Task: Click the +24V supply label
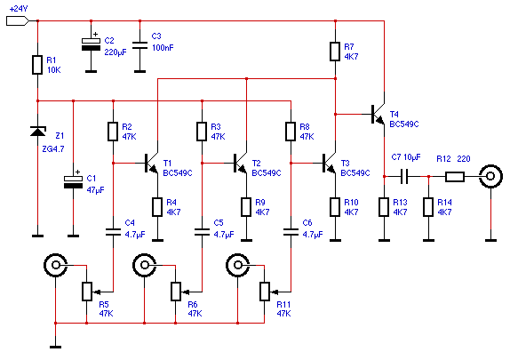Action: pyautogui.click(x=19, y=9)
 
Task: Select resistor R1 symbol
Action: pyautogui.click(x=37, y=65)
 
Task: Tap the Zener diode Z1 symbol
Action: pyautogui.click(x=37, y=132)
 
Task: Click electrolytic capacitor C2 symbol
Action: pyautogui.click(x=91, y=44)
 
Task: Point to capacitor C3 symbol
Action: pyautogui.click(x=139, y=45)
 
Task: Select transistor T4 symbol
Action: pyautogui.click(x=379, y=115)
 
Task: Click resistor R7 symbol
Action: pyautogui.click(x=335, y=52)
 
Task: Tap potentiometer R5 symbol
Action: pyautogui.click(x=91, y=292)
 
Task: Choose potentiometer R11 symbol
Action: pyautogui.click(x=268, y=292)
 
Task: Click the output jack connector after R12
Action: pyautogui.click(x=490, y=176)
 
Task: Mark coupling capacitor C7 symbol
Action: pyautogui.click(x=404, y=176)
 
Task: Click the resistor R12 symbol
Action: pyautogui.click(x=455, y=177)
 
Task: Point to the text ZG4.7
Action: pyautogui.click(x=53, y=149)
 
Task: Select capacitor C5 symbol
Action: pyautogui.click(x=202, y=232)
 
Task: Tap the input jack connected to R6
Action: pyautogui.click(x=145, y=265)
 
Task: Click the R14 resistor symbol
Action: pyautogui.click(x=428, y=207)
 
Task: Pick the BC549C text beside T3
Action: pyautogui.click(x=355, y=172)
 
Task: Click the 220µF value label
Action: pyautogui.click(x=116, y=52)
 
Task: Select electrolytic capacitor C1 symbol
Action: pyautogui.click(x=73, y=182)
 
